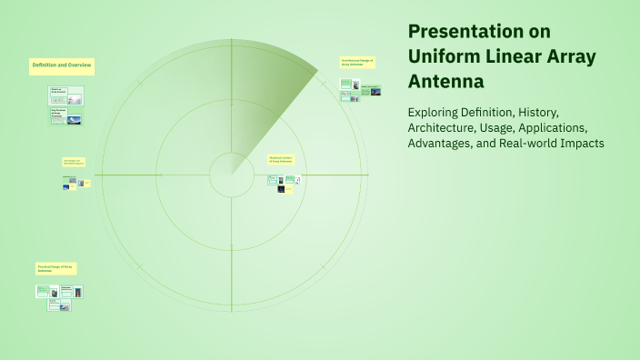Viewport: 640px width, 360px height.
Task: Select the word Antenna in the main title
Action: click(445, 82)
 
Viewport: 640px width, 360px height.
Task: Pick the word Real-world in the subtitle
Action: click(526, 144)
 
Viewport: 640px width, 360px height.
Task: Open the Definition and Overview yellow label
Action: click(62, 65)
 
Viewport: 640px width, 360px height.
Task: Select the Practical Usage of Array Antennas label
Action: click(56, 269)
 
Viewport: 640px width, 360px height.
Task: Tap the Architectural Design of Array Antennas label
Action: click(356, 63)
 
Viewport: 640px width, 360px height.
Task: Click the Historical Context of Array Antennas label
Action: click(281, 159)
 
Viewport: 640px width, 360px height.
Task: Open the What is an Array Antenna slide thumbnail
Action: click(65, 94)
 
